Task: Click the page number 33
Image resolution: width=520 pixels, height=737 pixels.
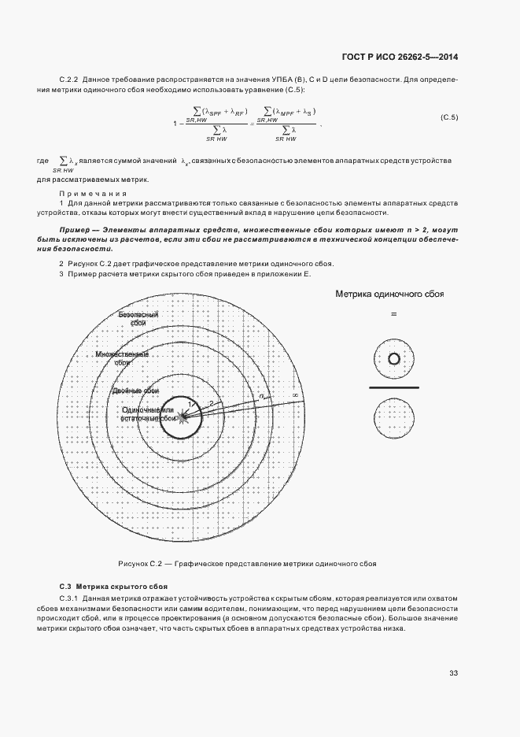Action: pyautogui.click(x=453, y=672)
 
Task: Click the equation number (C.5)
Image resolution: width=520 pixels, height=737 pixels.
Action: pyautogui.click(x=449, y=118)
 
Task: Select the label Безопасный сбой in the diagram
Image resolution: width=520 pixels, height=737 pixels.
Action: pyautogui.click(x=138, y=318)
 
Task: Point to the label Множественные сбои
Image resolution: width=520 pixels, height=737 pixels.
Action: pyautogui.click(x=122, y=358)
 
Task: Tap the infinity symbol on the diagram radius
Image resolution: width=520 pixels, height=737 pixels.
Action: pyautogui.click(x=294, y=394)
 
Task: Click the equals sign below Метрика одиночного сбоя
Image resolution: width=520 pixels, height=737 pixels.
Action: pyautogui.click(x=393, y=314)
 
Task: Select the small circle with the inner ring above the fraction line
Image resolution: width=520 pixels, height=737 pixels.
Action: pyautogui.click(x=393, y=359)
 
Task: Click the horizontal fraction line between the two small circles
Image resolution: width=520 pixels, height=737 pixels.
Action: pyautogui.click(x=393, y=388)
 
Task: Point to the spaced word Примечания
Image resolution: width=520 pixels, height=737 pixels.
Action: pyautogui.click(x=93, y=193)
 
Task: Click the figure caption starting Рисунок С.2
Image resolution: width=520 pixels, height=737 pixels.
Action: pyautogui.click(x=247, y=564)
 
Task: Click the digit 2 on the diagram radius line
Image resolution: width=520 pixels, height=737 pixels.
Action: pyautogui.click(x=211, y=403)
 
